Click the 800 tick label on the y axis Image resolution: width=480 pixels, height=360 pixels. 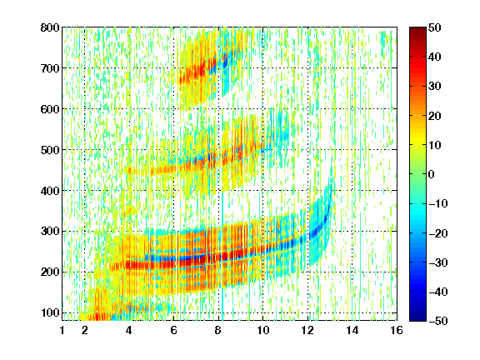point(50,27)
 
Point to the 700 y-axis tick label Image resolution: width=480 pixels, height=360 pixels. point(50,68)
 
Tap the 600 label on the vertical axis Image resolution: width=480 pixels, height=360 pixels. point(50,109)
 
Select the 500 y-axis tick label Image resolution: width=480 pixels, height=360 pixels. point(50,150)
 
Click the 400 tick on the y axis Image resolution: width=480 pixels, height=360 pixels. point(50,191)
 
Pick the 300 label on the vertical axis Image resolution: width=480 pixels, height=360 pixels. point(50,232)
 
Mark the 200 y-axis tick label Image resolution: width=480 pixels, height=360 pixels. point(50,272)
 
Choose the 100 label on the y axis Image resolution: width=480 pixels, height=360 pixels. point(50,312)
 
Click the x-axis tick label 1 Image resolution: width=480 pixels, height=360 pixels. point(62,330)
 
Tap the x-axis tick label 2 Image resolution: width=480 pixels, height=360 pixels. point(85,330)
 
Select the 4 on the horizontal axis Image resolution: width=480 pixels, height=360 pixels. point(129,330)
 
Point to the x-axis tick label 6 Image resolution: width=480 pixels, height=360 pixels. point(173,330)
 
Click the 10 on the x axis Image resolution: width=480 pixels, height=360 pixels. point(262,330)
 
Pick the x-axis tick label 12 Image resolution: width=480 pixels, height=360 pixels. point(307,330)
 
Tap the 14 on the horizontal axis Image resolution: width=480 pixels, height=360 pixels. point(352,330)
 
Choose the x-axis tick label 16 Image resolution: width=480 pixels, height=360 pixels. point(397,330)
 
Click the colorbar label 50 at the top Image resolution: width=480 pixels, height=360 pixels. point(435,27)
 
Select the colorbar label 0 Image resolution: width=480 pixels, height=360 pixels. point(432,174)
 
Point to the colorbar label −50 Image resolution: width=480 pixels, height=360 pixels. point(438,321)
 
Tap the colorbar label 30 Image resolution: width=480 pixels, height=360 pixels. point(435,87)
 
